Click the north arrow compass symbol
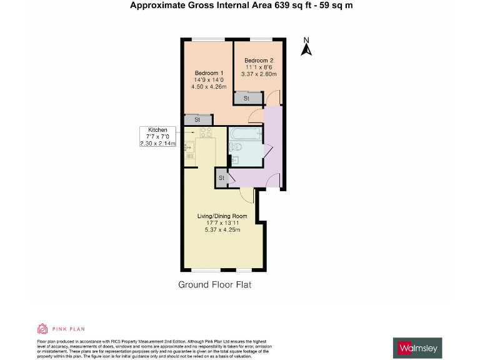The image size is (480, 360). tap(306, 47)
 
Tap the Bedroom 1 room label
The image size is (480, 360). tap(209, 72)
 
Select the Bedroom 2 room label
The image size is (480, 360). tap(258, 60)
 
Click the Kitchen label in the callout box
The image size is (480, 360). tap(157, 129)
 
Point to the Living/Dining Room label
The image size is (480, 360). tap(222, 216)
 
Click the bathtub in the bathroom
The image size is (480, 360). tap(247, 133)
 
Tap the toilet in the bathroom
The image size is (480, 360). tap(236, 147)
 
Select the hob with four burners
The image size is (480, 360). tap(206, 132)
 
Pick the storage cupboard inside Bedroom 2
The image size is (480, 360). tap(246, 98)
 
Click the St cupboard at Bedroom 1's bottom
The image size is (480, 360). tap(197, 119)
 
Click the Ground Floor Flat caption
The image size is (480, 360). tap(214, 285)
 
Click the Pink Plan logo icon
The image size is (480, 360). tap(42, 329)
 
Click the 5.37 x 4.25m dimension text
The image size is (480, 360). tap(222, 230)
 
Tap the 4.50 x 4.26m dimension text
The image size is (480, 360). tap(209, 87)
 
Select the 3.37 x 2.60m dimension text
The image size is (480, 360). tap(258, 74)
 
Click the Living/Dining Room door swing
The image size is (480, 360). tap(246, 196)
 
